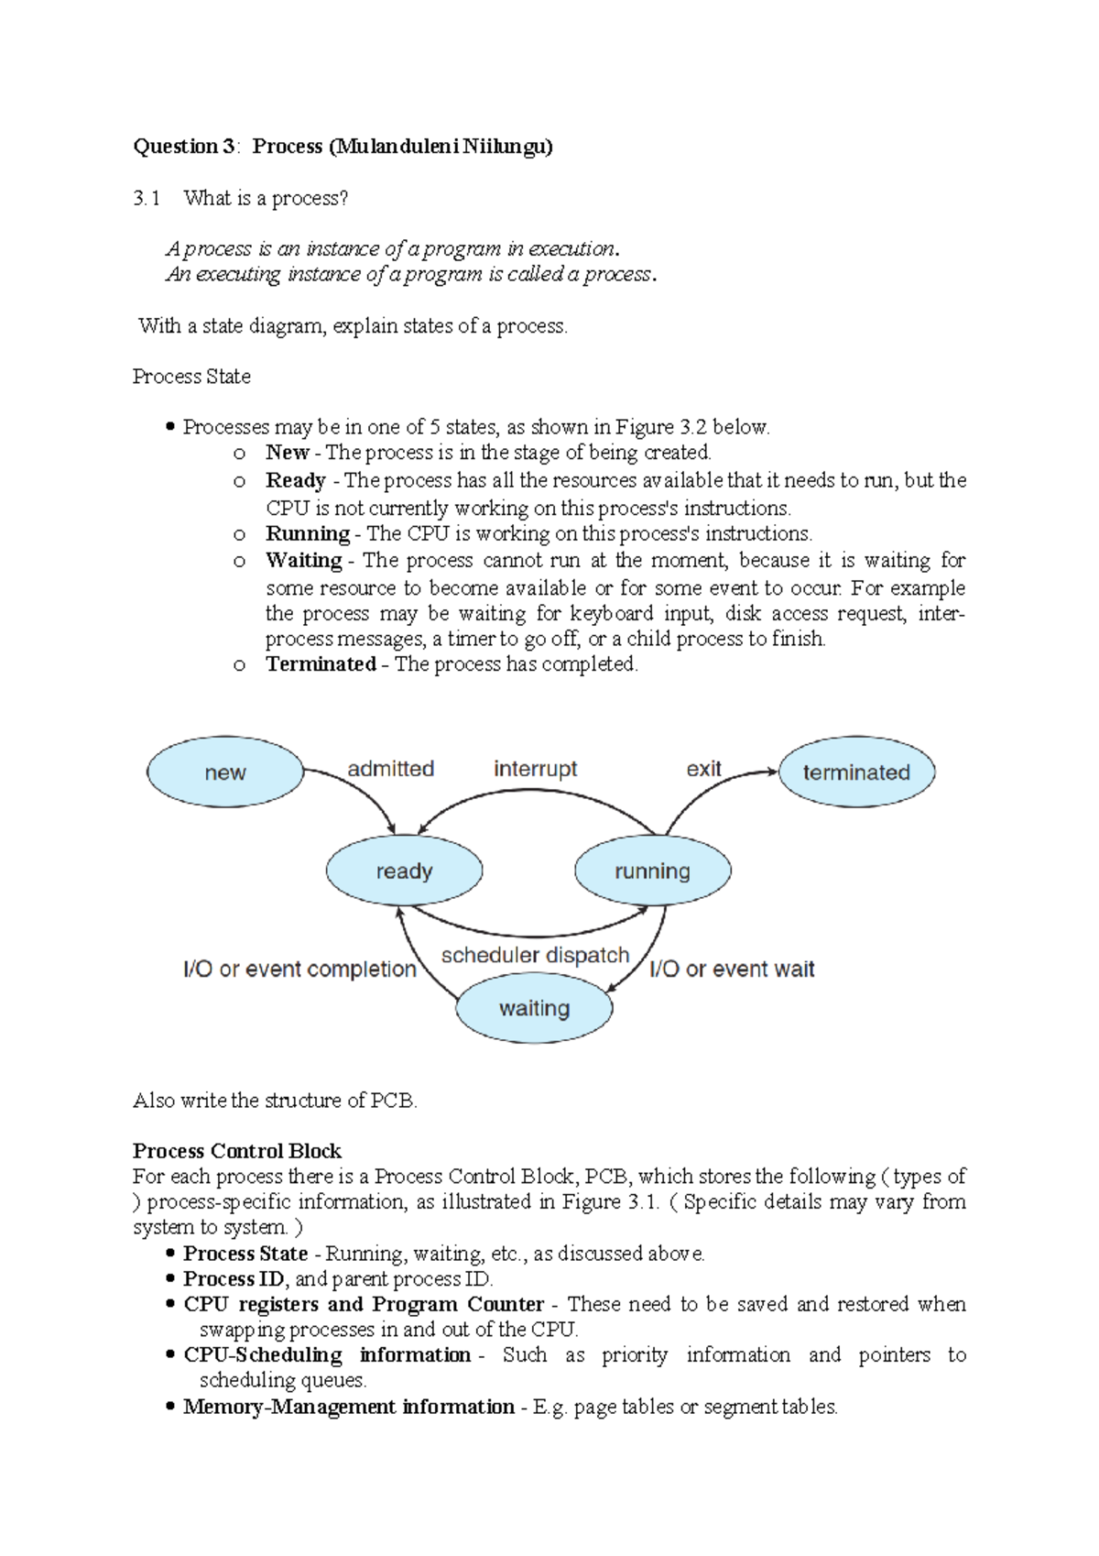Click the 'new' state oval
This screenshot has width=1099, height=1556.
pos(225,773)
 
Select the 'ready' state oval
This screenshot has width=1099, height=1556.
pos(404,871)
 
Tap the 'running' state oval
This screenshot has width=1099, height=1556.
pos(652,871)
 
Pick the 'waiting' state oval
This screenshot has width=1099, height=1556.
pos(534,1008)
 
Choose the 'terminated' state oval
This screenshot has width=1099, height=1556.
pos(856,773)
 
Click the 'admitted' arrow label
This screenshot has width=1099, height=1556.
pos(390,769)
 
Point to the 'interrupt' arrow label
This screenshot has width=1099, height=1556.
pos(535,769)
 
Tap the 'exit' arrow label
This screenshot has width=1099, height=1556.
pos(703,769)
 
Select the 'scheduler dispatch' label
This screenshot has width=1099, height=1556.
pos(535,955)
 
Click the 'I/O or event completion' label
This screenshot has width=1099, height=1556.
pos(299,969)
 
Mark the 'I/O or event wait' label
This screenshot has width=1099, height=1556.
pos(732,969)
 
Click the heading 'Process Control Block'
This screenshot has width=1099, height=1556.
pos(236,1151)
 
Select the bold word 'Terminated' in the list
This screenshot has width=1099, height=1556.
pos(321,664)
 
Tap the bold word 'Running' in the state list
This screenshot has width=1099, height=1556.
pos(308,534)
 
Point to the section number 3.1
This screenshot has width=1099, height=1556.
pos(147,198)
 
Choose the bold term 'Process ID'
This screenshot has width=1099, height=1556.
pos(234,1278)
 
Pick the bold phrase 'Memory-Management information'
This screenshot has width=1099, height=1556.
pos(349,1407)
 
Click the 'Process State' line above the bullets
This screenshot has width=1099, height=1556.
pos(191,377)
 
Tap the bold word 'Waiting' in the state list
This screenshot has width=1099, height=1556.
pos(303,560)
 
